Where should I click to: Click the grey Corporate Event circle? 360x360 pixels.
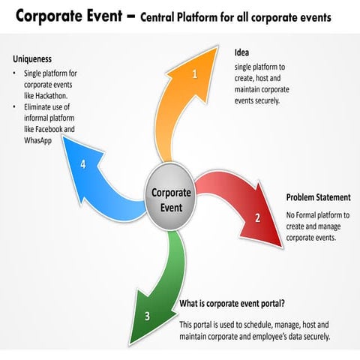click(171, 199)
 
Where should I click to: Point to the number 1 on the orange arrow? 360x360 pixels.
click(195, 74)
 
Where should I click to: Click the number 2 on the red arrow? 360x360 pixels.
click(258, 218)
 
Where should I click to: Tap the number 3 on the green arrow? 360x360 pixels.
click(147, 316)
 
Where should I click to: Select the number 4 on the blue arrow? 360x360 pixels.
click(83, 165)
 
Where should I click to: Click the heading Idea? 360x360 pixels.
click(241, 52)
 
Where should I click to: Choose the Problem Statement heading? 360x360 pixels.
click(318, 198)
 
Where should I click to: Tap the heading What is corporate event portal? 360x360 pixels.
click(232, 304)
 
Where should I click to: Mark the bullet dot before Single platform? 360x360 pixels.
click(16, 73)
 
